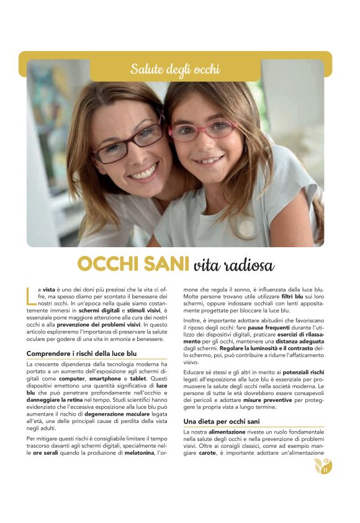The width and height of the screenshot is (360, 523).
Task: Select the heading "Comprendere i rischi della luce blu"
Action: tap(81, 353)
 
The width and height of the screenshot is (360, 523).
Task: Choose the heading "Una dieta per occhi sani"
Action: tap(222, 421)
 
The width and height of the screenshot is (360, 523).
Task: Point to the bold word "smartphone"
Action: tap(107, 378)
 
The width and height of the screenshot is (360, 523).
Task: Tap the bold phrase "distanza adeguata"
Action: tap(297, 341)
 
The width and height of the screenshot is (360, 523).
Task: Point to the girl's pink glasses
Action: tap(203, 130)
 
